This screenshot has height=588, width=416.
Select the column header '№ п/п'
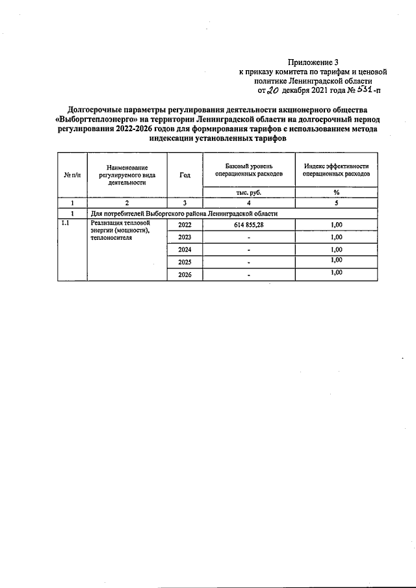(71, 175)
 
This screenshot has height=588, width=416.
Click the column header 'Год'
(185, 175)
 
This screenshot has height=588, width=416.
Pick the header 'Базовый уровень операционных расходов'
(249, 171)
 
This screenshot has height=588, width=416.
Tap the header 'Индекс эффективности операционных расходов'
(336, 171)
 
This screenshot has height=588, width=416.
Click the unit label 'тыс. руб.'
(249, 192)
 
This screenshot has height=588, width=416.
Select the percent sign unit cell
(336, 192)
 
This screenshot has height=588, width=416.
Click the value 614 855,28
(249, 224)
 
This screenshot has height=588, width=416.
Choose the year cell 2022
(185, 224)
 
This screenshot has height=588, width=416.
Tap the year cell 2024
(185, 250)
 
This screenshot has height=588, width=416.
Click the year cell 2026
(185, 275)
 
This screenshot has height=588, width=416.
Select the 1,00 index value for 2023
(336, 236)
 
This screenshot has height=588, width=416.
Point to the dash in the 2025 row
(249, 263)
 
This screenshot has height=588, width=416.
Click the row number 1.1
(65, 224)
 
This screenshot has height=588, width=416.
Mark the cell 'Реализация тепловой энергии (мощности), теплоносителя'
(121, 231)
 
